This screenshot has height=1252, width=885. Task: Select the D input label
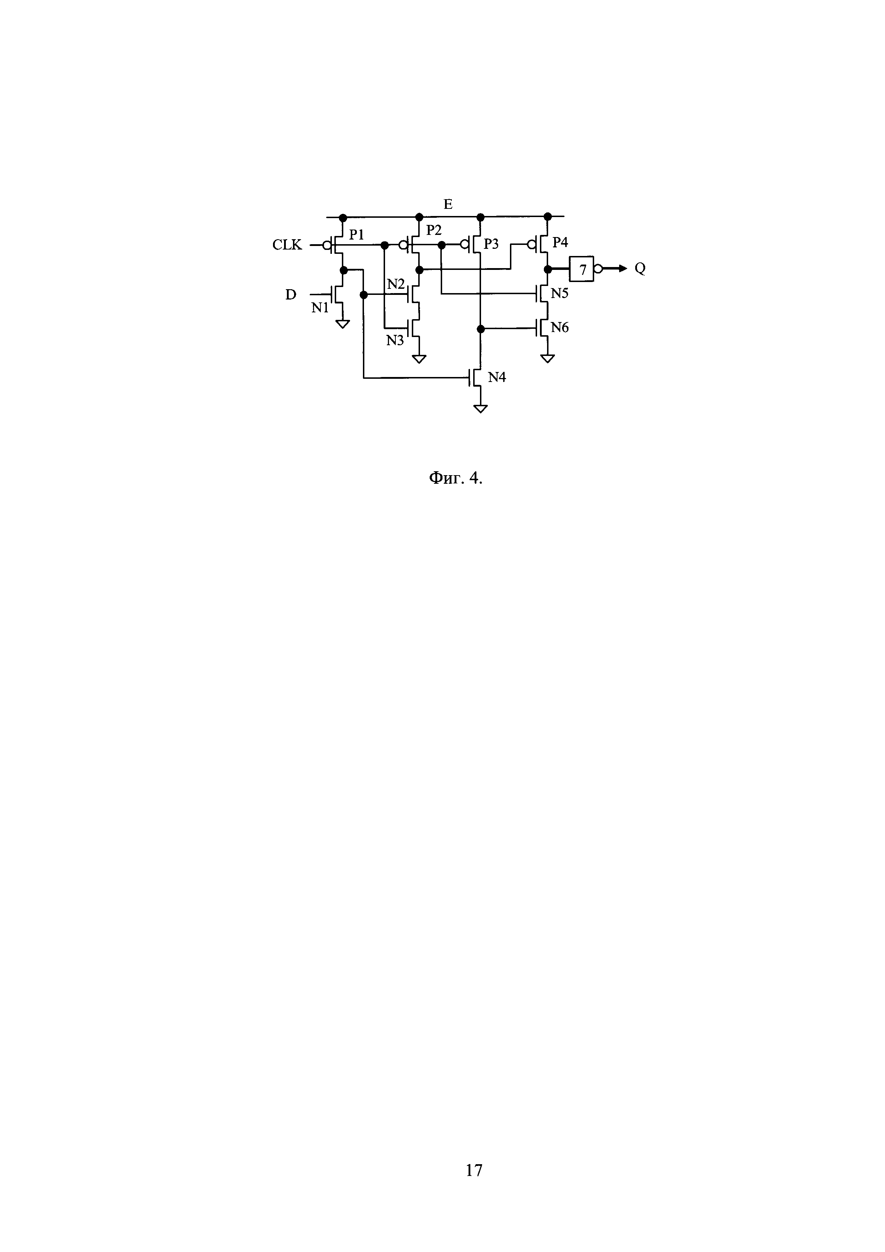291,295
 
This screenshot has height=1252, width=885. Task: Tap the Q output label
640,269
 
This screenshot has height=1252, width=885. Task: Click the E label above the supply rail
448,205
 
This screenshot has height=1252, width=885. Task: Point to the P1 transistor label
356,235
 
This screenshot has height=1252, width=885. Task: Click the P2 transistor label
434,231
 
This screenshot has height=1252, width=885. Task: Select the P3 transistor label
491,244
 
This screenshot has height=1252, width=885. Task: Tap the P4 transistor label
560,243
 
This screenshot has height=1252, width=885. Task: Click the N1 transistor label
320,308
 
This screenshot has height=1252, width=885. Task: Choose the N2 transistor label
396,284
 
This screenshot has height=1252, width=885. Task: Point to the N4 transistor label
496,377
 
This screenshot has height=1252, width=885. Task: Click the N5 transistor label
560,293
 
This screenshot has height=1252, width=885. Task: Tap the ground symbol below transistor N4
480,408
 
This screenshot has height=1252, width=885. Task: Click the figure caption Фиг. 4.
456,479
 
